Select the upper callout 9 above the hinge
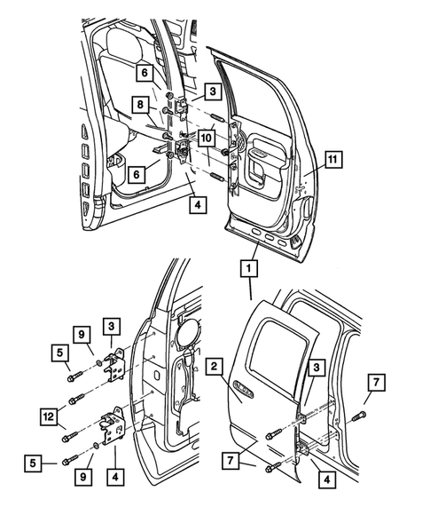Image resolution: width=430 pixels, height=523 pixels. (x=82, y=335)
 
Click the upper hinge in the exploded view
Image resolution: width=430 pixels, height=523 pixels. (x=114, y=363)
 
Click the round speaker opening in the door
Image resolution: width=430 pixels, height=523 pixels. (x=187, y=329)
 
